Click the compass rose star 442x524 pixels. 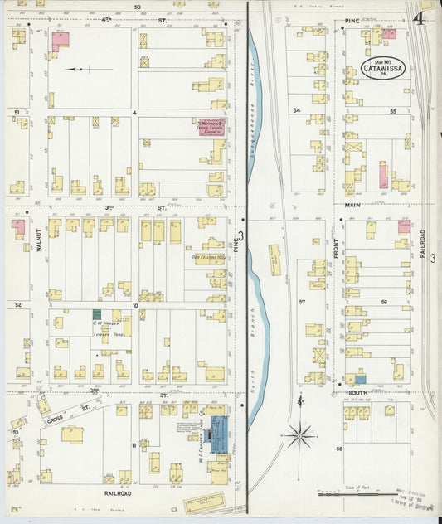tap(299, 432)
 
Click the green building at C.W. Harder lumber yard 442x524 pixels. tap(96, 315)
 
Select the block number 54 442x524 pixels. tap(295, 110)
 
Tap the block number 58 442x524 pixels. tap(339, 448)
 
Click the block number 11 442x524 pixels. tap(133, 446)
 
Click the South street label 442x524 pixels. tap(358, 392)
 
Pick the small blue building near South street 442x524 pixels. tap(360, 379)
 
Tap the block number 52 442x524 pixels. tap(17, 305)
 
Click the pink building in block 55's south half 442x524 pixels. tap(383, 175)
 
